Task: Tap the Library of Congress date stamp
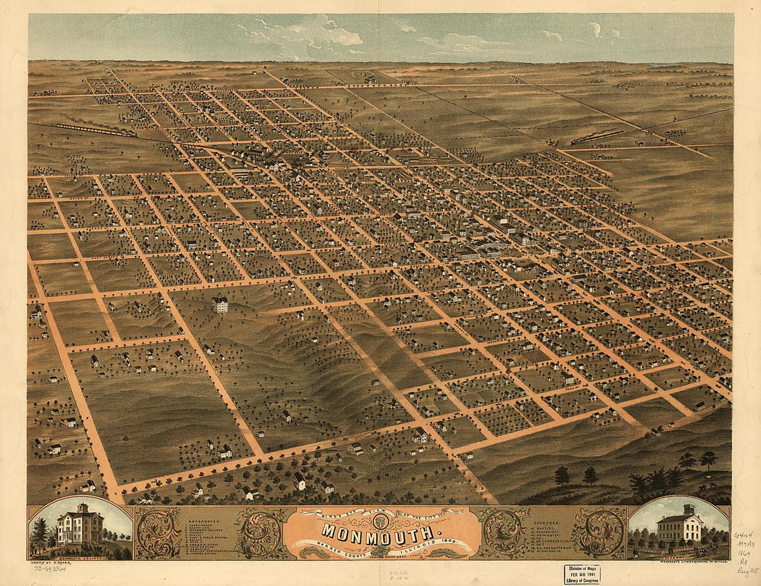[582, 574]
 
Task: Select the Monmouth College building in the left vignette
[80, 528]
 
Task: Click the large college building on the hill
[221, 303]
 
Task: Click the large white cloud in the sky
[325, 33]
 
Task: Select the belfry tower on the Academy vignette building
[688, 511]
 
